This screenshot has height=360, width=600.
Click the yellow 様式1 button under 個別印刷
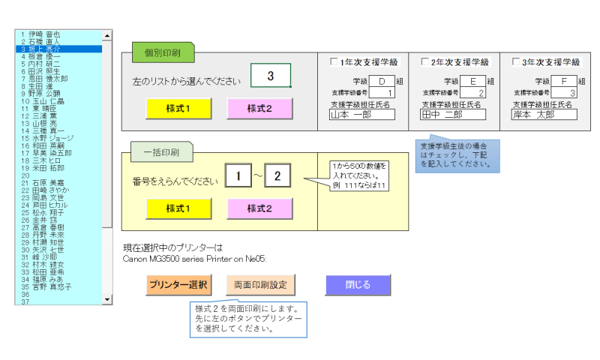[x=178, y=108]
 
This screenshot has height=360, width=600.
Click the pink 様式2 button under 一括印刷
[x=260, y=208]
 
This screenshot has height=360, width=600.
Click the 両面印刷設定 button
[x=261, y=285]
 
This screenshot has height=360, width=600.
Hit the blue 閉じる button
[x=358, y=285]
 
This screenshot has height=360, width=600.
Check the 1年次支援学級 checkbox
[x=334, y=62]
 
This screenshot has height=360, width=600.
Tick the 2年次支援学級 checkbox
[x=425, y=62]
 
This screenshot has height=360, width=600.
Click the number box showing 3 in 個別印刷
[x=270, y=76]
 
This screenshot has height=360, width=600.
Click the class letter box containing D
[x=381, y=81]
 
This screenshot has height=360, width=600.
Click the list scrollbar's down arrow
[x=106, y=299]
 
